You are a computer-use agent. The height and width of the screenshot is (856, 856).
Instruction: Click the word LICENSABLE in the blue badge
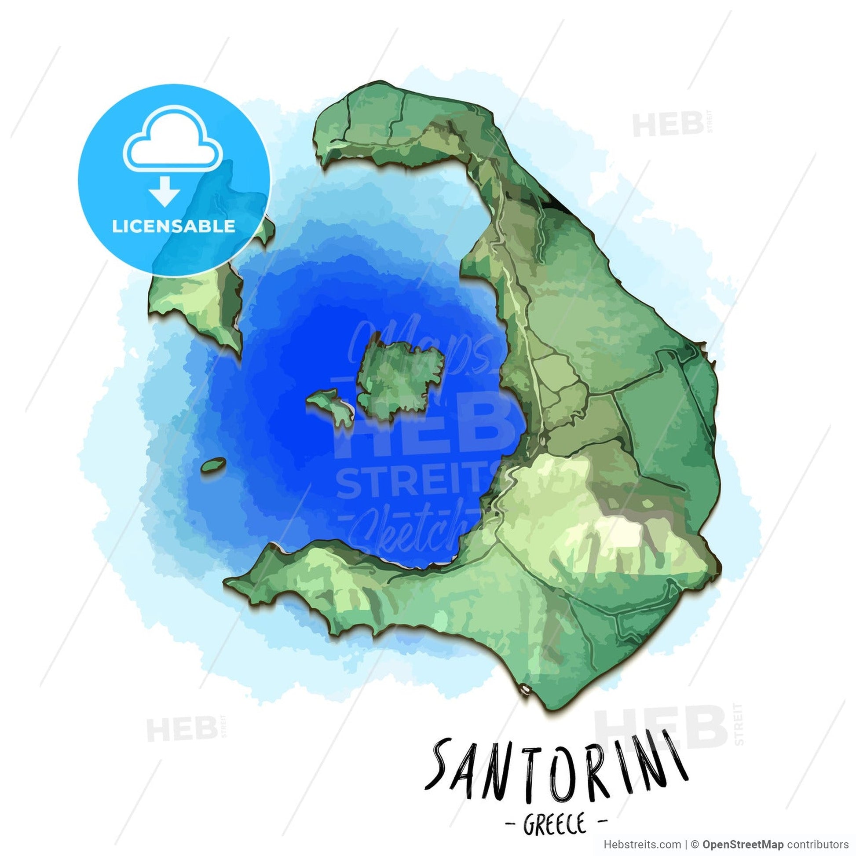[x=173, y=227]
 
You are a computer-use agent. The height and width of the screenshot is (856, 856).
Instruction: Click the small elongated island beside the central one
[x=331, y=406]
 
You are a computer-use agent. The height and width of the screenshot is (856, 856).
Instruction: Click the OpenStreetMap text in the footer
[x=743, y=845]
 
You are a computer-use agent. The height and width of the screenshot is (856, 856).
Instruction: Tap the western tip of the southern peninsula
[x=233, y=582]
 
